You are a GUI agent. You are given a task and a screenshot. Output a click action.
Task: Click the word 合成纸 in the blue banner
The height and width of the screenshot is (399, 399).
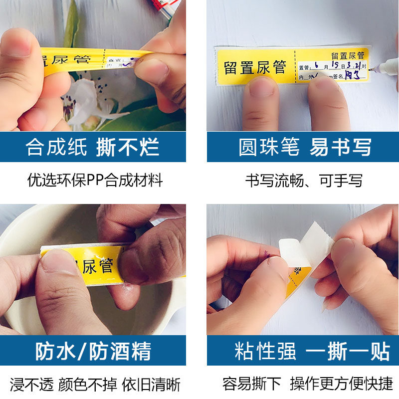coord(56,148)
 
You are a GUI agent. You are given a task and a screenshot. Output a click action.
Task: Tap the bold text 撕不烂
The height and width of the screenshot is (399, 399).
coord(128,148)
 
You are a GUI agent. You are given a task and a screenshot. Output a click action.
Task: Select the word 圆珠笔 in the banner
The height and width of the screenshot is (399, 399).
coord(269,148)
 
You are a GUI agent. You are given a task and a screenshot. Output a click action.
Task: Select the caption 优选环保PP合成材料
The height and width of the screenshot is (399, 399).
coord(95,180)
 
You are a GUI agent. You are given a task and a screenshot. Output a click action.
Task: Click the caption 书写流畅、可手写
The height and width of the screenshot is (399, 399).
coord(303,180)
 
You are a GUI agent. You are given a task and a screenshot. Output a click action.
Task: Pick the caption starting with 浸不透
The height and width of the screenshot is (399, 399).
coord(95,385)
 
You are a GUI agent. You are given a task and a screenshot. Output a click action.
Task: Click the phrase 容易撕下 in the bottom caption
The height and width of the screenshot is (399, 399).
coord(251,384)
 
